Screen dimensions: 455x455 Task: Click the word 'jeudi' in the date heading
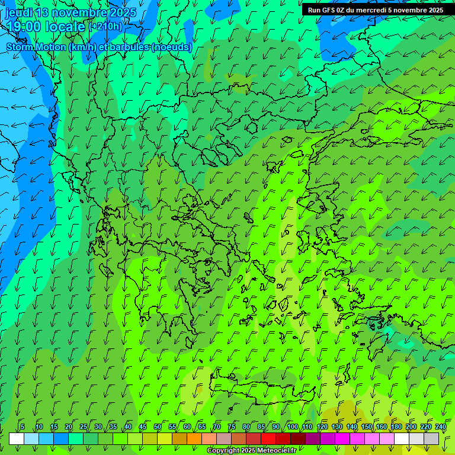[18, 12]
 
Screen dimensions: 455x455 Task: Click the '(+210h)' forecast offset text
[105, 27]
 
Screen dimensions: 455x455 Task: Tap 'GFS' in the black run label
[329, 10]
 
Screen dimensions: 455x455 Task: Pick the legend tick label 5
[23, 427]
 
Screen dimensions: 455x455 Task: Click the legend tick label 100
[293, 427]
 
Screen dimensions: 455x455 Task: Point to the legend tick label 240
[441, 427]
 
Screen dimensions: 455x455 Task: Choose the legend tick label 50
[158, 427]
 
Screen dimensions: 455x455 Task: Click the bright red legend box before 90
[268, 438]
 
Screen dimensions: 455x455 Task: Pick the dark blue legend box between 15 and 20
[61, 438]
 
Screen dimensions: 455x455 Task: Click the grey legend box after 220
[431, 438]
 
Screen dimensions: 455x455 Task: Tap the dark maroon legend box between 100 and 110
[298, 438]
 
